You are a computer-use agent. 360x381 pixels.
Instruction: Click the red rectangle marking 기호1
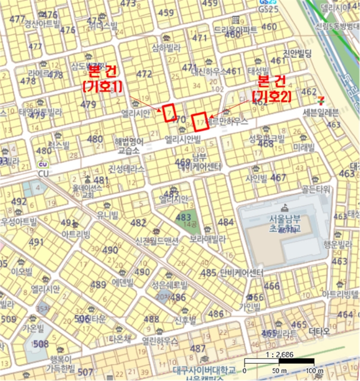(170, 113)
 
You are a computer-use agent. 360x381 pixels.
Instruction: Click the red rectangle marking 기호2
(201, 121)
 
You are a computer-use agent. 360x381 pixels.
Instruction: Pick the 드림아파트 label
(235, 30)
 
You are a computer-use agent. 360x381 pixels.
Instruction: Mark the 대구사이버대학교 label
(203, 370)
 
